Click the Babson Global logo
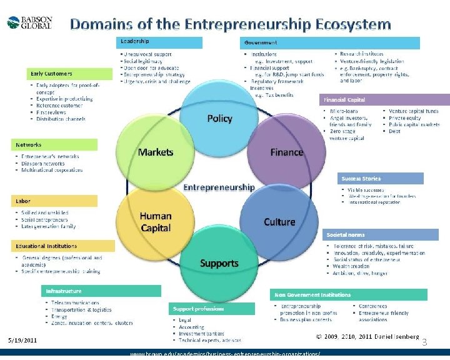pos(29,22)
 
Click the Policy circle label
pos(219,118)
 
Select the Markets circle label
pos(156,152)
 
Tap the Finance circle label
pos(286,152)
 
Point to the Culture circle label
pos(279,222)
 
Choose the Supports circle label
pos(219,263)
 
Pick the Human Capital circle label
pos(156,222)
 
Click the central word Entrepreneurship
pos(219,187)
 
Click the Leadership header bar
pos(160,42)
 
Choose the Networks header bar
pos(55,145)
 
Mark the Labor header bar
pos(55,201)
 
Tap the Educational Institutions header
pos(55,246)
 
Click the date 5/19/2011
pos(22,341)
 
